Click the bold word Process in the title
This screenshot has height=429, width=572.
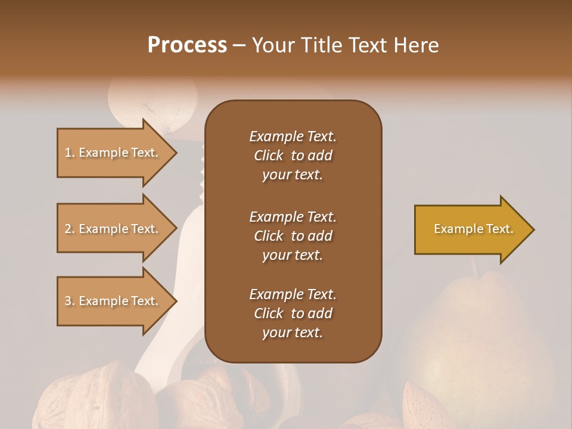click(187, 45)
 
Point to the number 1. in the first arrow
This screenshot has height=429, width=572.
click(70, 153)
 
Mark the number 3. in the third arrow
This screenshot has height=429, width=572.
click(70, 301)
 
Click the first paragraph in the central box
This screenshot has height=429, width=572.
click(293, 156)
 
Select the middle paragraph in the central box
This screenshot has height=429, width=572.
click(293, 236)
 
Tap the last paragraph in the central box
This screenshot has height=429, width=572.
click(293, 313)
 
